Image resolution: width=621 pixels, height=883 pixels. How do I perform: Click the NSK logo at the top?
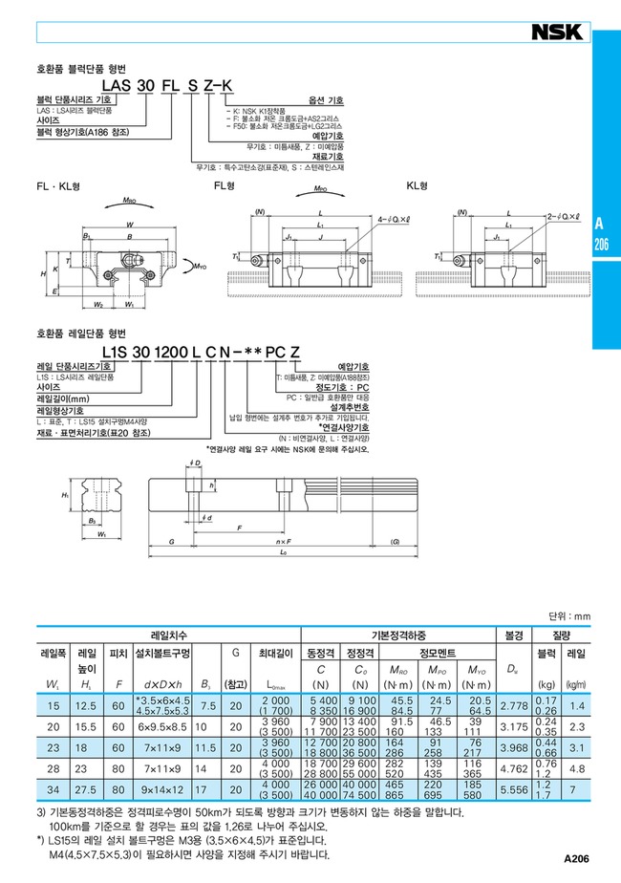click(x=557, y=32)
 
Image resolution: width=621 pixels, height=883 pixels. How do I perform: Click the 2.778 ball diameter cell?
click(x=516, y=704)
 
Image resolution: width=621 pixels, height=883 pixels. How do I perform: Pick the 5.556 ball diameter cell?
click(x=516, y=792)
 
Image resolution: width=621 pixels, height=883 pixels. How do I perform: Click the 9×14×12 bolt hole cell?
click(x=162, y=792)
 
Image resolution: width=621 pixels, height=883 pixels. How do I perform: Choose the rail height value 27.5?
click(x=85, y=792)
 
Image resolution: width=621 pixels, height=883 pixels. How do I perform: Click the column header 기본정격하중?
click(x=397, y=634)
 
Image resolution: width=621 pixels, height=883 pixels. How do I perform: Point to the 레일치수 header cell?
click(x=169, y=634)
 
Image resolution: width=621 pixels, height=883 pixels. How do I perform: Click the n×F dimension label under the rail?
click(x=284, y=541)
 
